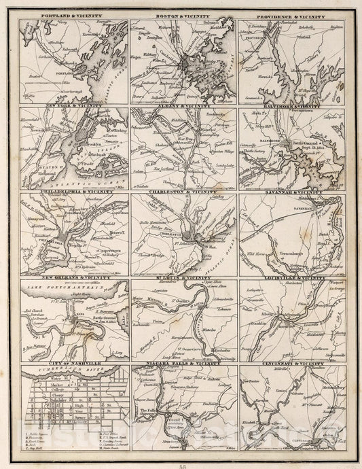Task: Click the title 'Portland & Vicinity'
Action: pyautogui.click(x=74, y=14)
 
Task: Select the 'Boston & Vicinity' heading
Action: pyautogui.click(x=183, y=14)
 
